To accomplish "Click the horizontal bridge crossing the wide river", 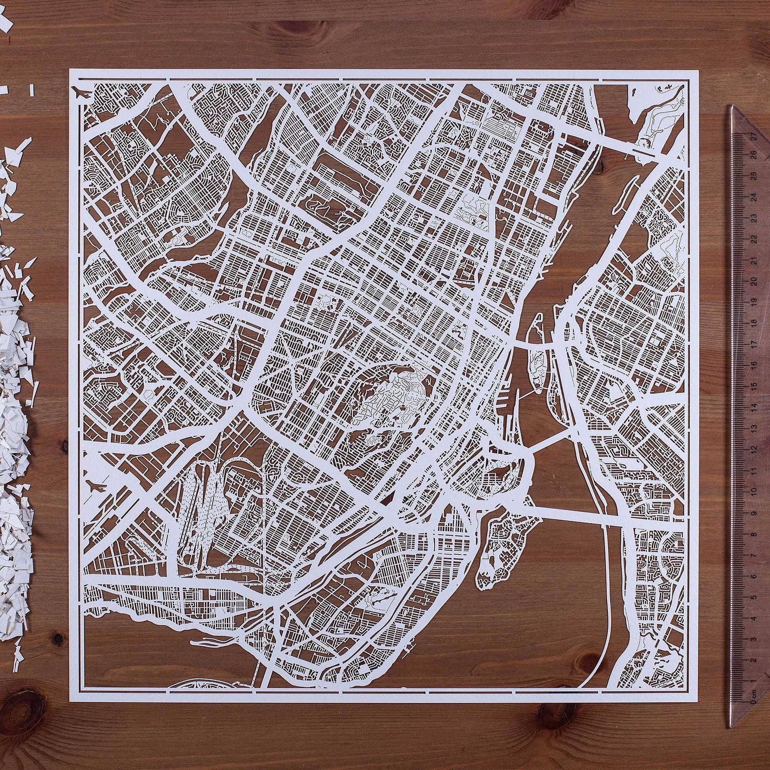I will click(x=574, y=519).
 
